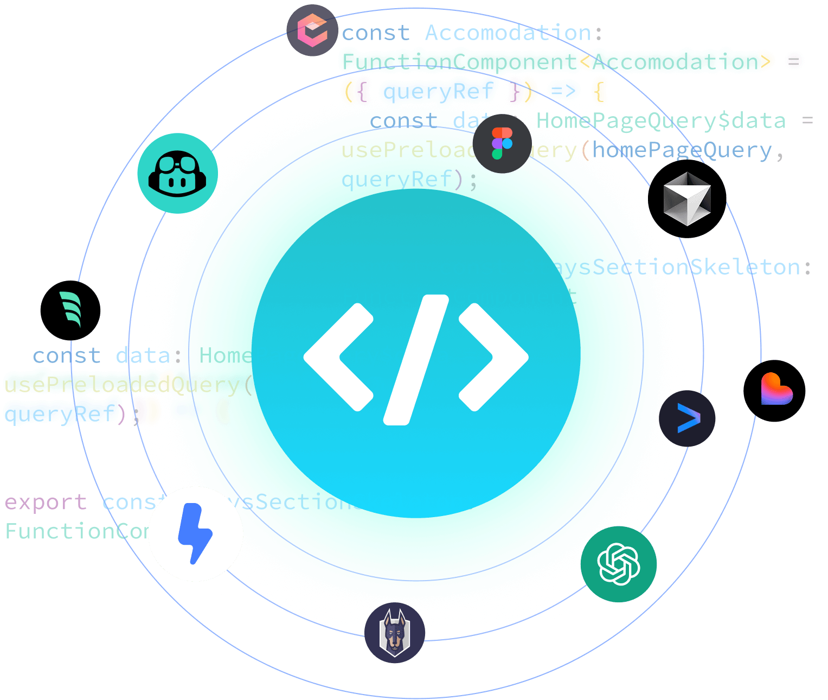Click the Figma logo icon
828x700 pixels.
point(502,144)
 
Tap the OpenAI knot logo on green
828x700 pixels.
point(619,564)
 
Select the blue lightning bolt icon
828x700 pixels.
point(195,534)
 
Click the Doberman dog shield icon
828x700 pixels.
point(395,633)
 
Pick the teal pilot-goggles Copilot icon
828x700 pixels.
point(177,173)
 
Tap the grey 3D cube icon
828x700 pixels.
point(687,199)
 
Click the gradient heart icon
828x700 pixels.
point(775,390)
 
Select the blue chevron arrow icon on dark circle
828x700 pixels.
point(688,418)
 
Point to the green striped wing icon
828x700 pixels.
point(70,310)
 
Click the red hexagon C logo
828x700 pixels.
point(312,31)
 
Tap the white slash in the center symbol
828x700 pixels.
point(416,359)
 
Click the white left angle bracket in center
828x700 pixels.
point(338,357)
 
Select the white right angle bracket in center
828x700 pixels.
point(493,357)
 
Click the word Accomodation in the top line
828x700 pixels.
point(508,33)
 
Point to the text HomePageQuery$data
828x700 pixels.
point(661,120)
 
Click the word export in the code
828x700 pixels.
point(46,502)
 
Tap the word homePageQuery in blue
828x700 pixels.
point(682,150)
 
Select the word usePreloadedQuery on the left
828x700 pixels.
point(121,385)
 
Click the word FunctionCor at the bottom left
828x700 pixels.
point(76,531)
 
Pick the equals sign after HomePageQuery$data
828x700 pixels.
point(807,120)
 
